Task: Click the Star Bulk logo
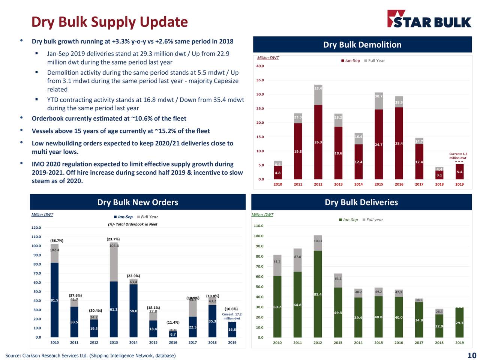point(429,19)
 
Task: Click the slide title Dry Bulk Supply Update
point(109,22)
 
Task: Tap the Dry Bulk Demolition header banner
point(362,45)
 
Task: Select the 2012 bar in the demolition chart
point(318,139)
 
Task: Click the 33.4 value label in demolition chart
point(318,88)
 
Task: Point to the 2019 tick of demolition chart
point(459,184)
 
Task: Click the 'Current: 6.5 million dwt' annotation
point(458,156)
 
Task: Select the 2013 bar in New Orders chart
point(114,300)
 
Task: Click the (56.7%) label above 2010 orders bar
point(57,241)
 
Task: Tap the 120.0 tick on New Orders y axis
point(36,228)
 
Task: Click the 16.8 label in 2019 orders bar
point(232,330)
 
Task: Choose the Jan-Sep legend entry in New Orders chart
point(123,217)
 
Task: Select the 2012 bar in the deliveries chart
point(318,292)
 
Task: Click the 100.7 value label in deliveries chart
point(318,241)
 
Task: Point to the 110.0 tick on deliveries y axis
point(258,226)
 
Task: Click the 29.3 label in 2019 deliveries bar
point(459,323)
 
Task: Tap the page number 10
point(471,355)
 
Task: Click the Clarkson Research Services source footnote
point(90,355)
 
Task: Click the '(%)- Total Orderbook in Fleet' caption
point(132,224)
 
